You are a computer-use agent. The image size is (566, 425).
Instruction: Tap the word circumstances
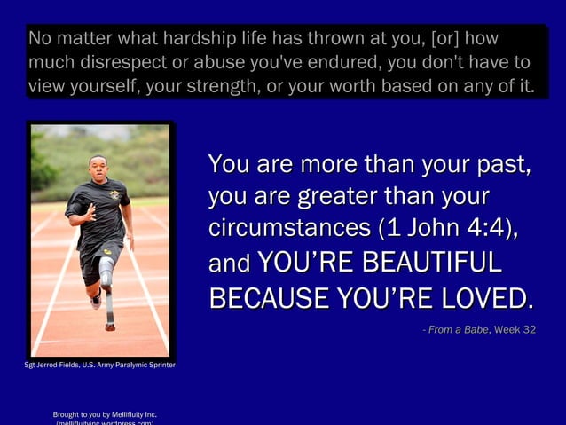289,228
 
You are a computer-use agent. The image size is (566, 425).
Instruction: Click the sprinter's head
98,165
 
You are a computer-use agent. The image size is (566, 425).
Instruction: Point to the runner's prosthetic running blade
108,306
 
